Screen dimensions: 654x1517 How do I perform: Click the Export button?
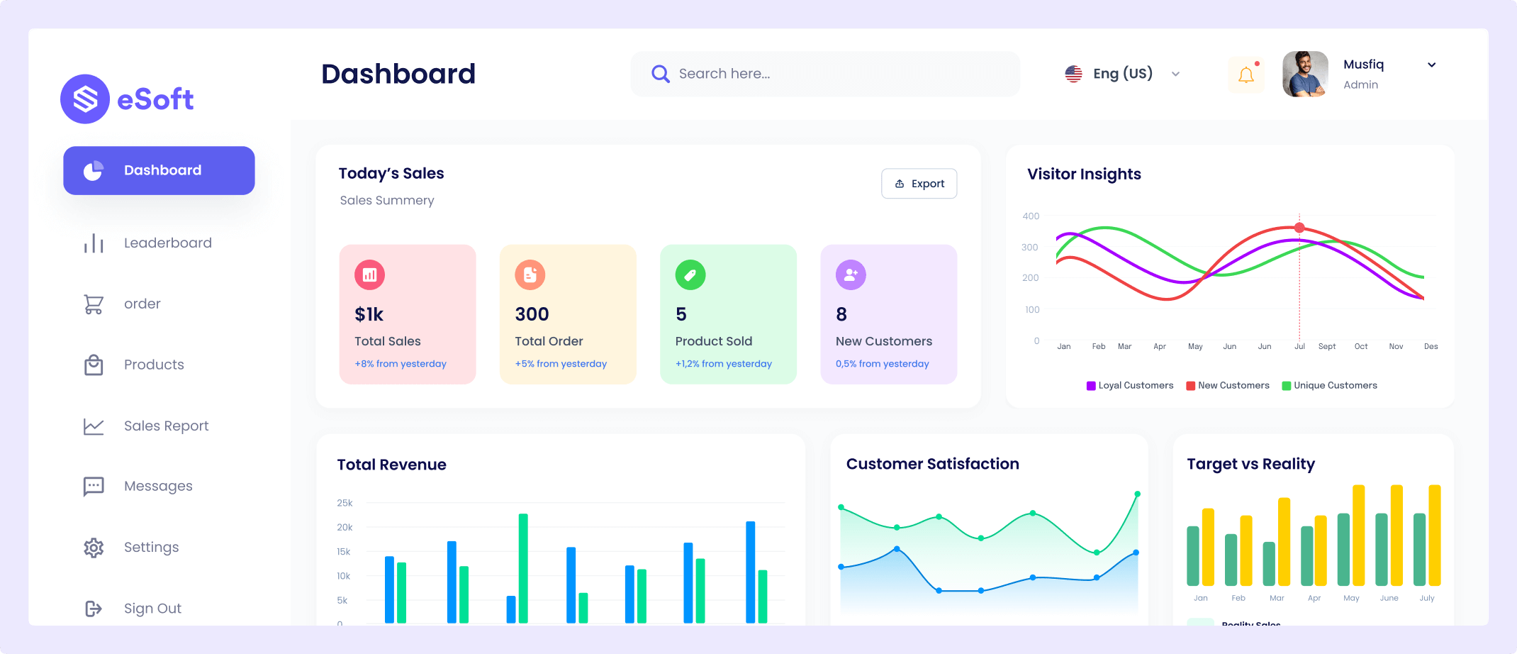[x=919, y=184]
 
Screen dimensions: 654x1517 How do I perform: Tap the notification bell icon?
[x=1245, y=74]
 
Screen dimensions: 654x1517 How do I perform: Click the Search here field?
[x=825, y=74]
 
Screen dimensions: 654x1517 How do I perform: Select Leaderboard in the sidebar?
[x=167, y=243]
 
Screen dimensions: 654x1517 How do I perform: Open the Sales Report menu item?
[x=166, y=426]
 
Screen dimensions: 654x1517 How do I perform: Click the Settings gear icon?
[x=94, y=548]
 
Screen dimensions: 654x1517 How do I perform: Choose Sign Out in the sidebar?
[x=152, y=609]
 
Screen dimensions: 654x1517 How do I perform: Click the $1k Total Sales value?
[x=369, y=314]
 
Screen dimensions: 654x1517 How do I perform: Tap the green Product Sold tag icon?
[x=690, y=275]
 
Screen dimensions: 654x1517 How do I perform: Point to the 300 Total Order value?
[x=532, y=314]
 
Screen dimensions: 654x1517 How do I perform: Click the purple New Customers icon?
[x=851, y=275]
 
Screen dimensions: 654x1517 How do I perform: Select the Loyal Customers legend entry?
[x=1130, y=386]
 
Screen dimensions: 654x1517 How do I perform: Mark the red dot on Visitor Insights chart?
[x=1299, y=228]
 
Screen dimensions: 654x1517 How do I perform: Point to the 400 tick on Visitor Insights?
[x=1031, y=216]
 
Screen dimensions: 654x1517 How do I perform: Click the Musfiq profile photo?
[x=1305, y=74]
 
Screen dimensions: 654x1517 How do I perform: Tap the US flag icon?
[x=1073, y=74]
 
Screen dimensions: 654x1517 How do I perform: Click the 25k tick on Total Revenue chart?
[x=345, y=503]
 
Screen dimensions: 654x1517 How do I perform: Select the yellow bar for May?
[x=1359, y=535]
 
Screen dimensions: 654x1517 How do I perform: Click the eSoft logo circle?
[x=85, y=99]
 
